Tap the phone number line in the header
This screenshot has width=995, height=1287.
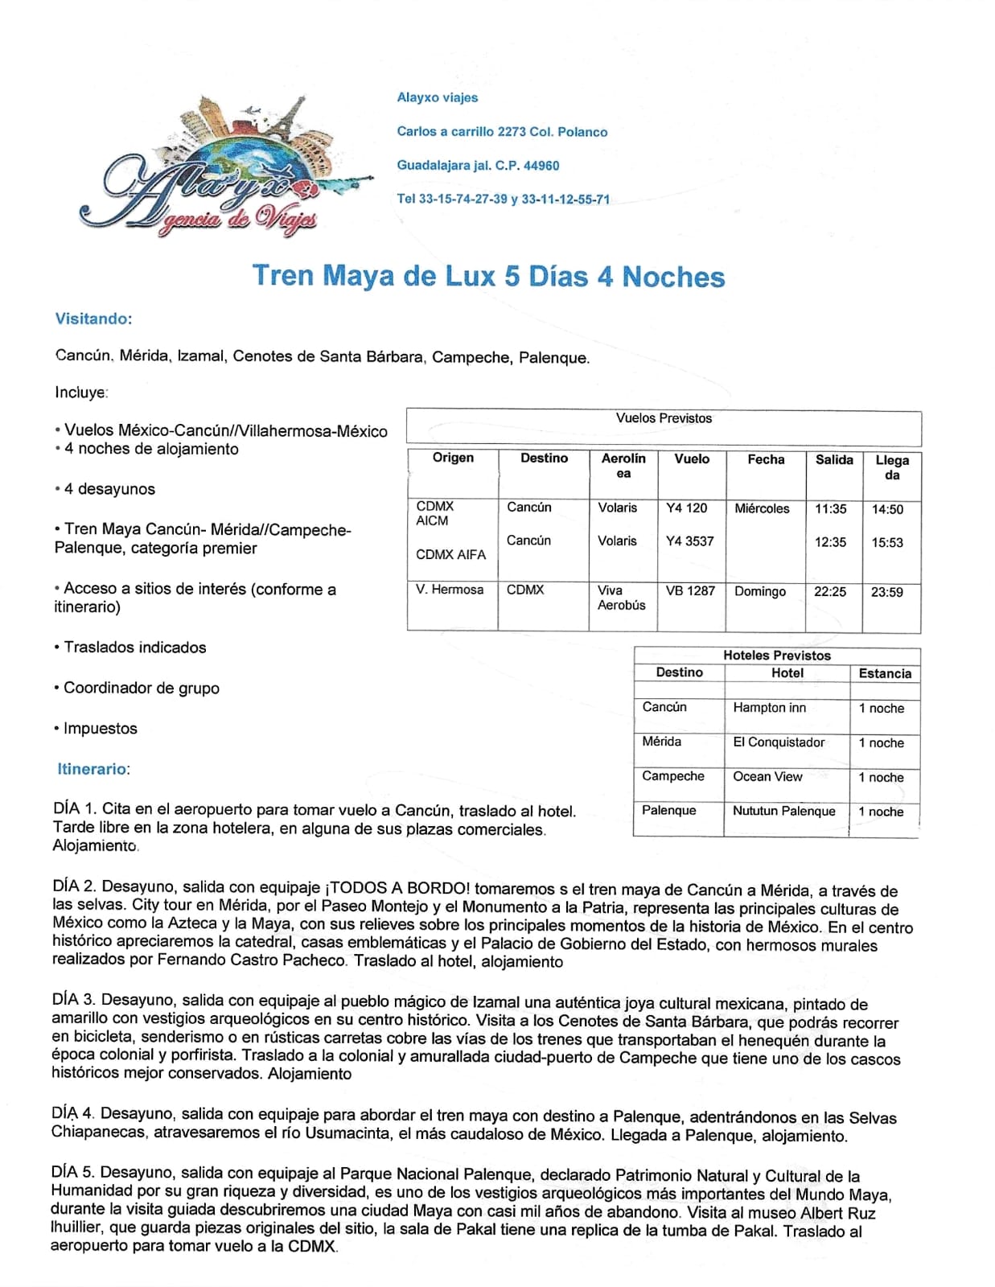(503, 199)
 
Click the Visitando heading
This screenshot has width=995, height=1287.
(93, 319)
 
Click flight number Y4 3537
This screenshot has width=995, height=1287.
(689, 541)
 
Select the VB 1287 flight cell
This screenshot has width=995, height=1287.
(690, 590)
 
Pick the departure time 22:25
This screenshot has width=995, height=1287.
(830, 591)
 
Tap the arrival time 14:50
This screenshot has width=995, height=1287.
(887, 509)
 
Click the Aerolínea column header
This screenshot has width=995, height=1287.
(623, 466)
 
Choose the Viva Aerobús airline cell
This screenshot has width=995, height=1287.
(621, 598)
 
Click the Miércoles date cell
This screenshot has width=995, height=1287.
(762, 508)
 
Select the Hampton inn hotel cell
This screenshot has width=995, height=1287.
(769, 708)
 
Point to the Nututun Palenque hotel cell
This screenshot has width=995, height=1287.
(783, 811)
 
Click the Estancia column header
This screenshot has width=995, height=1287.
(885, 673)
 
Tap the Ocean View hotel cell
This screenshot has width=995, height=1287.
(767, 776)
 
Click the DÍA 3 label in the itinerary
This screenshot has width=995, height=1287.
(74, 1001)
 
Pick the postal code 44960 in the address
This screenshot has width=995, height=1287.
(541, 165)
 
